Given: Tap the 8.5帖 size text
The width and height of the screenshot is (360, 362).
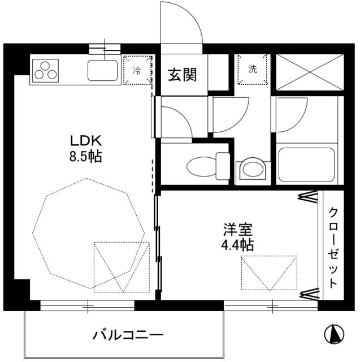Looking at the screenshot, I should pos(86,157).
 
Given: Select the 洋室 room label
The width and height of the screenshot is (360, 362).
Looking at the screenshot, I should pos(237,230).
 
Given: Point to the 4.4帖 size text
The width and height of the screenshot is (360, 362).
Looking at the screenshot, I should pos(237,245).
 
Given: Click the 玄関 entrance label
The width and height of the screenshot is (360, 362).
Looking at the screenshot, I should pos(182,74).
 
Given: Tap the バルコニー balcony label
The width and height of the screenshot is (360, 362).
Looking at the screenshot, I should pos(128,335).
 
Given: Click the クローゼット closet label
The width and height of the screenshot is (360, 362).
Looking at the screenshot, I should pos(333,248).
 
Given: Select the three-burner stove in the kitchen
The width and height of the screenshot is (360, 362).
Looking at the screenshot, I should pos(46,71).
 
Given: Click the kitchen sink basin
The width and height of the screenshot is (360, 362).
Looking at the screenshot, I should pos(103,71).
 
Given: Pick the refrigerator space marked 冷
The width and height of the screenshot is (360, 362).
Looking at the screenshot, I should pos(137,70).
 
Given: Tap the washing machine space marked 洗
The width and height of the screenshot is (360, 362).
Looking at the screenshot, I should pos(252,70).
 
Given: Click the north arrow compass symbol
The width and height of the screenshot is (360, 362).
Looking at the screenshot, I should pos(334,334).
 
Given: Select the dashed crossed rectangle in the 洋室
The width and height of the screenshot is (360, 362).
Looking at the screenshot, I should pos(269,273).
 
